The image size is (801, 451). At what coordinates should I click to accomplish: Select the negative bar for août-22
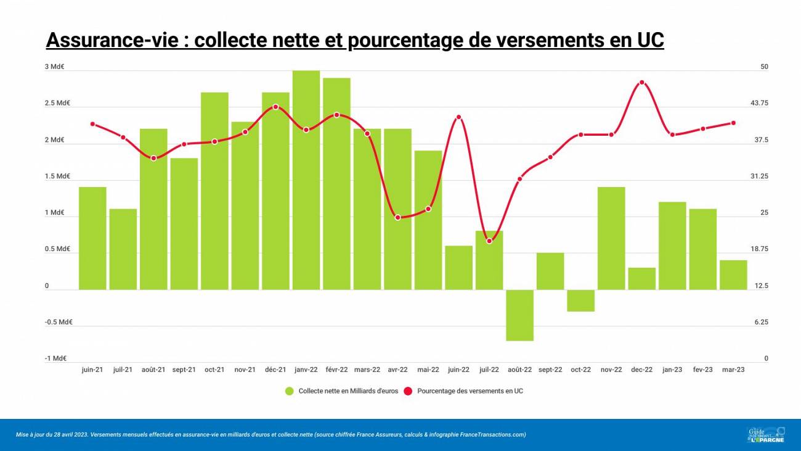(519, 315)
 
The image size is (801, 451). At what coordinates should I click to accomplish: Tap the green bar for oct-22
(580, 300)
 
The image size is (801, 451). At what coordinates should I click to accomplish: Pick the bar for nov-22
(611, 238)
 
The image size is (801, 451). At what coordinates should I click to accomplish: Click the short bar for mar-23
(733, 275)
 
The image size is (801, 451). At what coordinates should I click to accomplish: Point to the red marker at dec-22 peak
(642, 83)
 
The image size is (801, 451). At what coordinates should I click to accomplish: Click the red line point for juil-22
(489, 241)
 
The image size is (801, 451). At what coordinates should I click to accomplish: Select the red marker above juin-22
(458, 117)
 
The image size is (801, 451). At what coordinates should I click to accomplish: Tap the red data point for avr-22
(397, 217)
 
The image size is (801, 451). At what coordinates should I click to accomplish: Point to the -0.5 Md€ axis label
(59, 322)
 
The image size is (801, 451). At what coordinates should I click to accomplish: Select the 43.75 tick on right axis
(759, 103)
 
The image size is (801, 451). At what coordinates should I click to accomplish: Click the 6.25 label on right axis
(763, 322)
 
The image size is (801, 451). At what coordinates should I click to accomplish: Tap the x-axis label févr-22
(336, 370)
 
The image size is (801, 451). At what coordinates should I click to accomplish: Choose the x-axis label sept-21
(184, 370)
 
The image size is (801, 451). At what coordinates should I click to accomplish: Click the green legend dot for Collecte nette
(290, 391)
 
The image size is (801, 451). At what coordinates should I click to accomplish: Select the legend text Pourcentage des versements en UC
(470, 391)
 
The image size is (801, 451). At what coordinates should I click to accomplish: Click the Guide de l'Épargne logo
(766, 434)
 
